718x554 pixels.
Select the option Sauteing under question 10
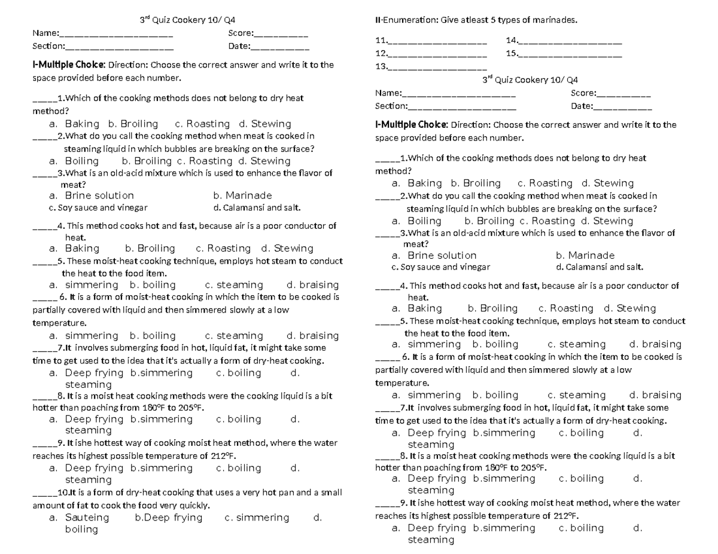(x=87, y=518)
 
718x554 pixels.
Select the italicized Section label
(x=391, y=106)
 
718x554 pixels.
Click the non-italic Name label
(x=45, y=33)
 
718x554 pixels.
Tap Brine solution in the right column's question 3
(x=442, y=255)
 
